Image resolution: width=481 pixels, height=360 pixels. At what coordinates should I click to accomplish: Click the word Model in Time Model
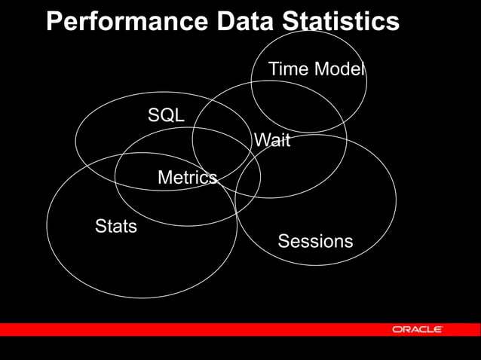click(339, 70)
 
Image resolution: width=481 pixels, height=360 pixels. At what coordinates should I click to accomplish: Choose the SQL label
click(166, 115)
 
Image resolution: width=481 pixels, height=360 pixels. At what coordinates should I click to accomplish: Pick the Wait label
click(272, 140)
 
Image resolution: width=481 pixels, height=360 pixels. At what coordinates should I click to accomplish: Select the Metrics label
click(187, 178)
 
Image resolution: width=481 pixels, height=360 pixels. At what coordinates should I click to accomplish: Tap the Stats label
click(116, 226)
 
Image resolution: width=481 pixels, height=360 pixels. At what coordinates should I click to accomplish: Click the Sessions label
click(315, 241)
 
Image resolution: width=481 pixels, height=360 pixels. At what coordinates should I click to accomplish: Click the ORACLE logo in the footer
click(417, 330)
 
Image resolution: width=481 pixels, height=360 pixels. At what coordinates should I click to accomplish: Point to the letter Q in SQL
click(166, 115)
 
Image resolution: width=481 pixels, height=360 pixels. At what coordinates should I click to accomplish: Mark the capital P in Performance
click(54, 22)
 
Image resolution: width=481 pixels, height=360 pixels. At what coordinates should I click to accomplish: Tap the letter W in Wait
click(262, 140)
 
